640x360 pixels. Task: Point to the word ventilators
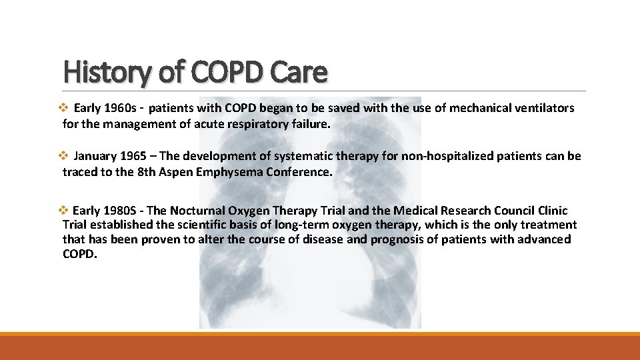coord(541,108)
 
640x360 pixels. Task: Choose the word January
coord(95,156)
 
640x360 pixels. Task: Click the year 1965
coord(135,156)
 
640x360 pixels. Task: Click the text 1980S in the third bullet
coord(121,210)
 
